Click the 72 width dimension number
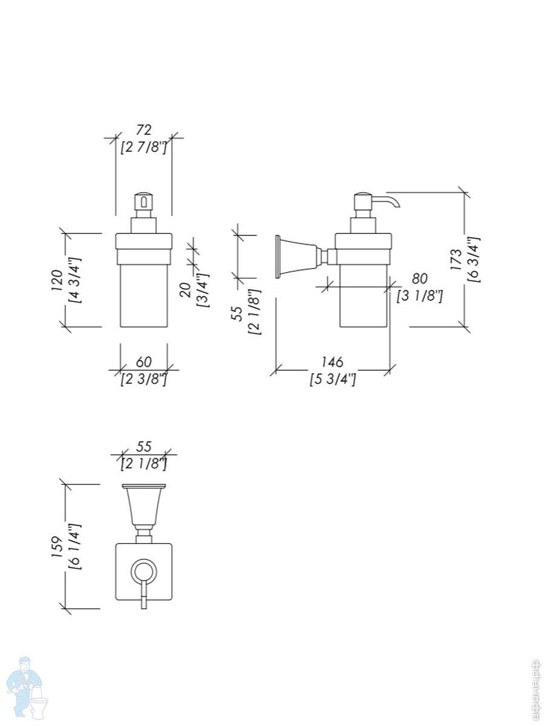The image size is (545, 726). point(144,129)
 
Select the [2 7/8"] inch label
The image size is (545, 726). point(144,147)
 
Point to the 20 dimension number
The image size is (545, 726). point(186,290)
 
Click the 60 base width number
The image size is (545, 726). point(144,362)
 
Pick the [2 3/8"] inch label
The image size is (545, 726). point(144,380)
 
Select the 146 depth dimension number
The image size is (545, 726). point(332,362)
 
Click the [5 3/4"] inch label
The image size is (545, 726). point(332,380)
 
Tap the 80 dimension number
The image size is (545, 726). point(420,278)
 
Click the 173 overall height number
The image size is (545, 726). point(456,259)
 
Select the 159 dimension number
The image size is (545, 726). point(57,547)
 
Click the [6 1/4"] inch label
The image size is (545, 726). point(74,547)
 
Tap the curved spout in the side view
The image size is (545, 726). point(388,200)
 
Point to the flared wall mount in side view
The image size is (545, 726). point(297,257)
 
